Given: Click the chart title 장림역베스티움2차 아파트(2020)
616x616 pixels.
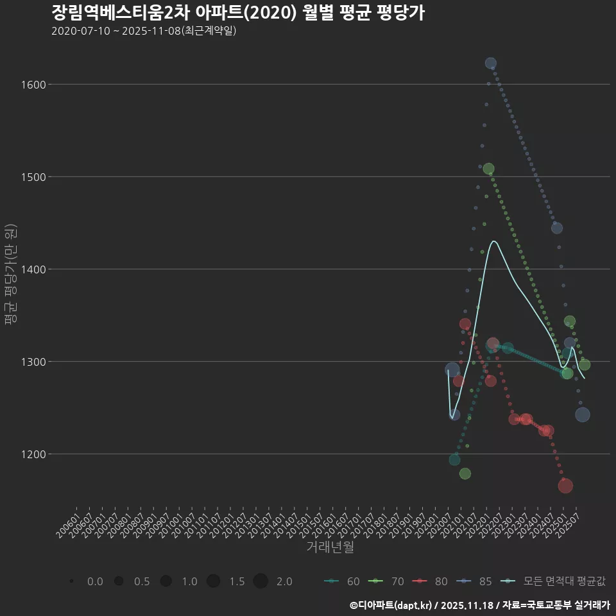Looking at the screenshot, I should coord(237,13).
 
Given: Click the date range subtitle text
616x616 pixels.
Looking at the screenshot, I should coord(144,31).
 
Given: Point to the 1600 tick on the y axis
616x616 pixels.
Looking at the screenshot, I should coord(32,84).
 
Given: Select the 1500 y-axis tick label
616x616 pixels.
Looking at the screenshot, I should coord(32,176).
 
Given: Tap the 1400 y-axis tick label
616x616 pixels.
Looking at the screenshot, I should coord(32,269).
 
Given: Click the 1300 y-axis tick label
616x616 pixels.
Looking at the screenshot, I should coord(32,362).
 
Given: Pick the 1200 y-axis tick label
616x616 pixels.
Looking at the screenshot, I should coord(32,454).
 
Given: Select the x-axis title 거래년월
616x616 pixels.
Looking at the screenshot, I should coord(330,547).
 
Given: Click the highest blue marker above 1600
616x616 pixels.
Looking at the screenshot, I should coord(491,63).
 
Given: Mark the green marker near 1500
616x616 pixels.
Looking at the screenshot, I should coord(488,169).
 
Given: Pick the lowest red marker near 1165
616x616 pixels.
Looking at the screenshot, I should coord(565,486).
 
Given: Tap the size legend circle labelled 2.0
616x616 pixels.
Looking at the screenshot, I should coord(261,581).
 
